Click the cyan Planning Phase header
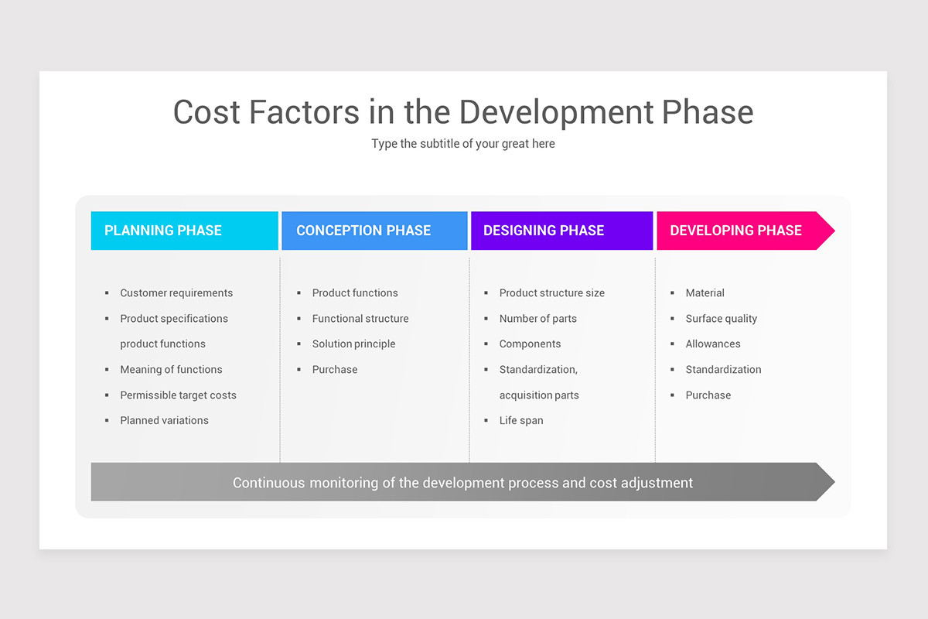[x=184, y=231]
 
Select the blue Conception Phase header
[x=374, y=231]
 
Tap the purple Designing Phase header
[x=561, y=231]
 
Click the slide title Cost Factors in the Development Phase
[x=462, y=112]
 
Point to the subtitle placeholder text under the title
[x=462, y=144]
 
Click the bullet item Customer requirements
[x=176, y=293]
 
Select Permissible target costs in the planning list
[x=178, y=395]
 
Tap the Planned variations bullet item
[x=164, y=421]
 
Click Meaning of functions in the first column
[x=171, y=370]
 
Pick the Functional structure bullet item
[x=360, y=319]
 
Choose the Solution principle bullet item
[x=353, y=344]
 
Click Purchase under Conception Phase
[x=335, y=370]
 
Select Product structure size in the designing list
[x=551, y=293]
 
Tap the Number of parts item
[x=537, y=319]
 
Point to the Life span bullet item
[x=521, y=421]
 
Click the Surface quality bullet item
[x=721, y=319]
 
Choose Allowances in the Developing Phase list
[x=713, y=344]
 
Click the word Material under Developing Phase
[x=705, y=293]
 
